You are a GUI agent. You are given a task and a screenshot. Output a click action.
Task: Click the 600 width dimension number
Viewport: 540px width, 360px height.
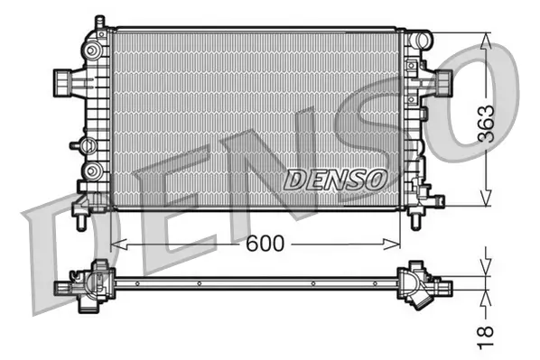point(264,244)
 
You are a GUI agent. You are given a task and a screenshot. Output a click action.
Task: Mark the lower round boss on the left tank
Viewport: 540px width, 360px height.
point(92,171)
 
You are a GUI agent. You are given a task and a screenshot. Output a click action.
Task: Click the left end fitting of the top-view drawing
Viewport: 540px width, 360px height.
point(65,287)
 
